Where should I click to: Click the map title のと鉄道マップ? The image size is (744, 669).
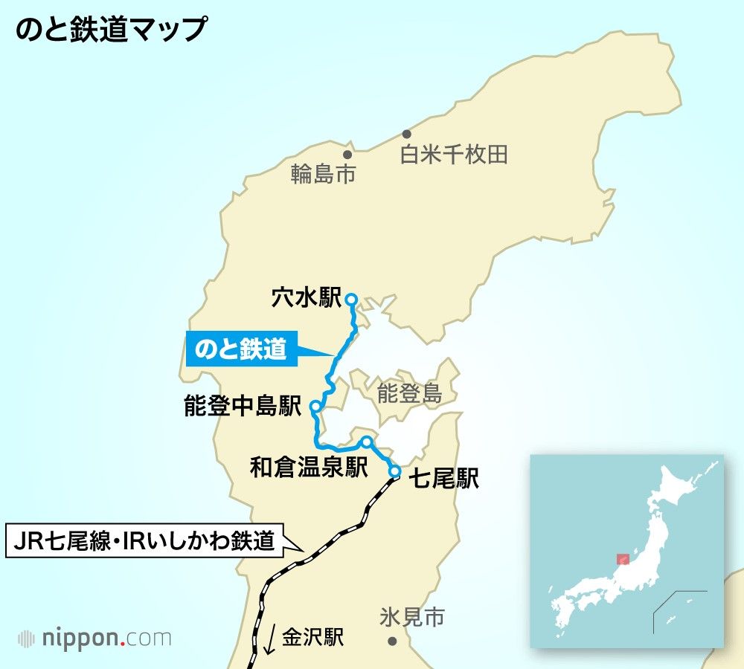pos(110,30)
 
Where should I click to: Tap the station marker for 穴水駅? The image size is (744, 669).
pos(352,300)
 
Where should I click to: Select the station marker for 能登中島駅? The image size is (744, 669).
pos(315,407)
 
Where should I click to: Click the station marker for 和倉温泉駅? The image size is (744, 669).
pos(366,442)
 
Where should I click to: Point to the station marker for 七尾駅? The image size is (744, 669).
pos(394,471)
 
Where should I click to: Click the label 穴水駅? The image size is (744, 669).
pos(306,299)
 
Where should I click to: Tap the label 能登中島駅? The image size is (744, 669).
pos(243,407)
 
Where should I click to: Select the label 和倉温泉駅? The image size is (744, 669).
pos(309,468)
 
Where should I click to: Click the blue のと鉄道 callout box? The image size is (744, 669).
pos(240,349)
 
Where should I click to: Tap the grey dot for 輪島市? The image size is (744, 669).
pos(347,155)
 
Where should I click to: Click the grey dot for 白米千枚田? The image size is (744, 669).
pos(406,134)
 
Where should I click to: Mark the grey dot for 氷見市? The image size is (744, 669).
pos(392,641)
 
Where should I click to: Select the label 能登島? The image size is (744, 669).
pos(409,393)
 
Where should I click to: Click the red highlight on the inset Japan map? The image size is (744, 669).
pos(623,559)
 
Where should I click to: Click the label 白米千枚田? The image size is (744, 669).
pos(454,155)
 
